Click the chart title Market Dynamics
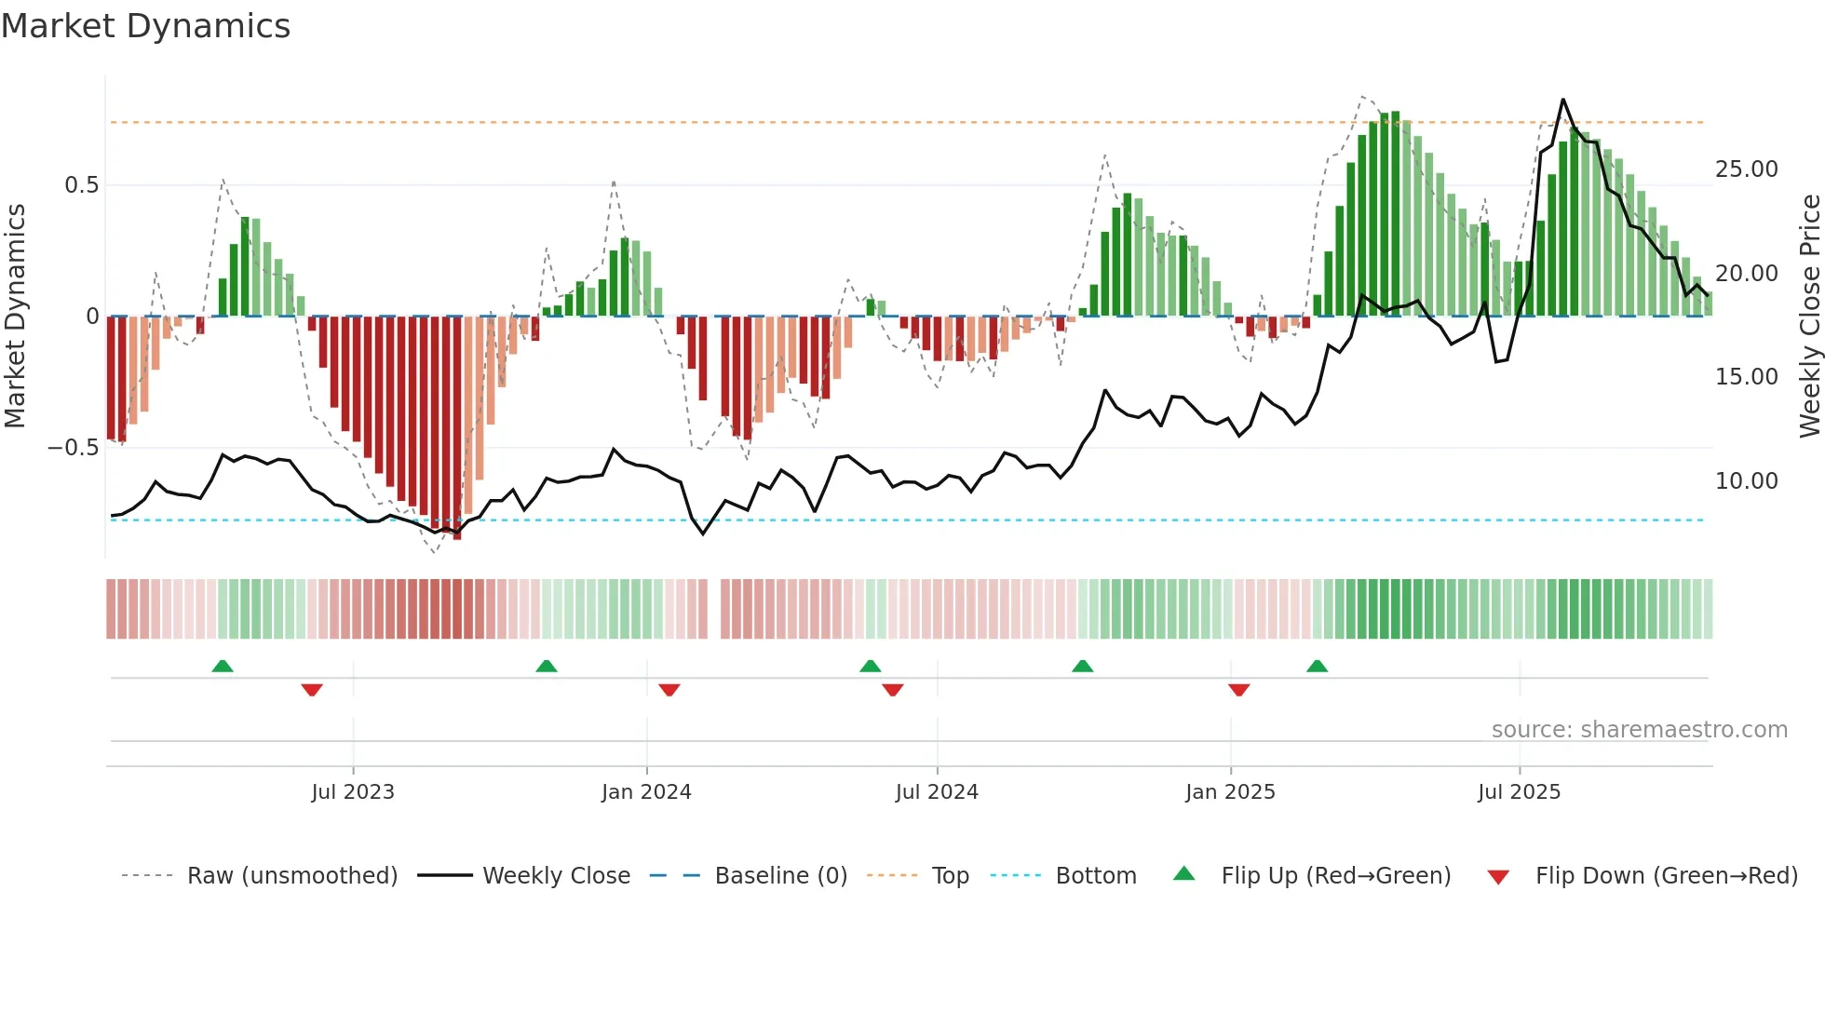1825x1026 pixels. pos(146,26)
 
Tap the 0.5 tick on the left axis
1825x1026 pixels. pos(81,185)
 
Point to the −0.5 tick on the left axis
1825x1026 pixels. pos(73,448)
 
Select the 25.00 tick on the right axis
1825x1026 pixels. pos(1746,169)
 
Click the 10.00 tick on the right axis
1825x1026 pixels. pos(1746,481)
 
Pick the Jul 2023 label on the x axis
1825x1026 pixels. pos(353,792)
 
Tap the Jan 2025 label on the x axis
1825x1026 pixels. pos(1230,792)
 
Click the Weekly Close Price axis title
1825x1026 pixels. pos(1809,317)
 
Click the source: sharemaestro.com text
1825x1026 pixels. pos(1639,730)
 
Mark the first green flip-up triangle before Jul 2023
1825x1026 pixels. pos(223,667)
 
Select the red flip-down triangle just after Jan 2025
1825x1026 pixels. pos(1238,690)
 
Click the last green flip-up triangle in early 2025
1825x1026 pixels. pos(1317,667)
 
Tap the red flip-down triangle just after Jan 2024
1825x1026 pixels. pos(669,690)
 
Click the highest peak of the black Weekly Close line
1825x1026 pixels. pos(1562,100)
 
